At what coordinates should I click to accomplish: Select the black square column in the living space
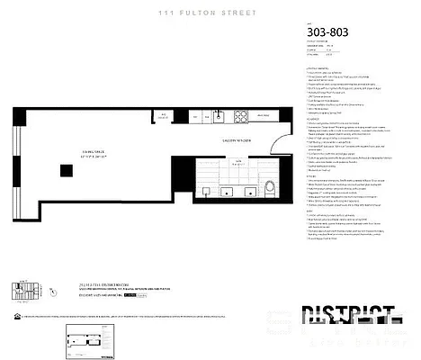[x=66, y=171]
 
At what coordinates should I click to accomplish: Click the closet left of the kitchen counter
[x=165, y=116]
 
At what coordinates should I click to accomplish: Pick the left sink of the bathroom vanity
[x=208, y=190]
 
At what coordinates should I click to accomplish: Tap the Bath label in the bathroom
[x=237, y=161]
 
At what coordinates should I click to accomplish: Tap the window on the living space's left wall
[x=15, y=153]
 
